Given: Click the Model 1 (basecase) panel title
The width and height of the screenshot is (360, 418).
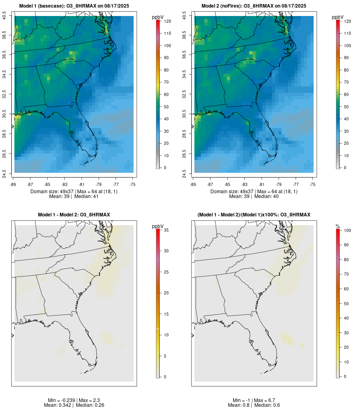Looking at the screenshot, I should (74, 6).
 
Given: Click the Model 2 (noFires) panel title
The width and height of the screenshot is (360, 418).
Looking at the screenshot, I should (254, 6).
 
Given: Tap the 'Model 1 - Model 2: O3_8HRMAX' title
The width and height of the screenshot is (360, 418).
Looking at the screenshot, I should (74, 215).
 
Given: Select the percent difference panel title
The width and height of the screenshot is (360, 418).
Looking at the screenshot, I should (254, 215).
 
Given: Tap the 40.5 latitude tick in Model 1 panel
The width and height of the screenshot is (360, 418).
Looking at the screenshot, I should (4, 16).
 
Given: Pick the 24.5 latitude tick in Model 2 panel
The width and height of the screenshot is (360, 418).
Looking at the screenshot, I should (184, 172).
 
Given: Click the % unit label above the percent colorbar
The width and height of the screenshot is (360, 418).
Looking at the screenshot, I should (338, 226).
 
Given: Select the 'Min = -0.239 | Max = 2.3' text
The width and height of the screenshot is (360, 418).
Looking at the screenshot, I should (74, 400).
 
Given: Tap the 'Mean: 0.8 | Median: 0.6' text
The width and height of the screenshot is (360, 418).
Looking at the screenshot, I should (254, 405).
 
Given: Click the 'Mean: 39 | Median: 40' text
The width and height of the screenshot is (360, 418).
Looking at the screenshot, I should (254, 196).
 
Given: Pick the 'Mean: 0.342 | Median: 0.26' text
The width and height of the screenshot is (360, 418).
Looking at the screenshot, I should (74, 405).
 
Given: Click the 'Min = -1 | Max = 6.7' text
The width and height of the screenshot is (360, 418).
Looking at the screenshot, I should (254, 400).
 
